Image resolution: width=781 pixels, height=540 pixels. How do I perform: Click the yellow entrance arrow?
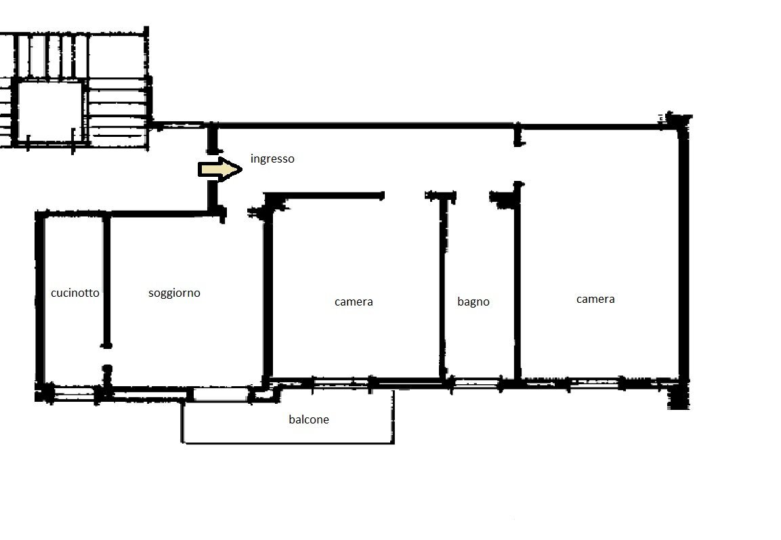click(219, 169)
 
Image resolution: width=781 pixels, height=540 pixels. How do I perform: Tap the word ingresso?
click(272, 159)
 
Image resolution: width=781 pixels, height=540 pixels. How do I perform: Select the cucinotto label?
click(75, 293)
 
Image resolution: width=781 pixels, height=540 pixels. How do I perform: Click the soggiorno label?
click(174, 293)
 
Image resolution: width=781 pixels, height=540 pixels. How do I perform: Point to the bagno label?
click(473, 302)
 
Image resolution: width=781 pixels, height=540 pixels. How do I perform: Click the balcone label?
click(309, 419)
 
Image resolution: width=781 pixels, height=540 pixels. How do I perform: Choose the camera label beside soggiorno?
click(354, 302)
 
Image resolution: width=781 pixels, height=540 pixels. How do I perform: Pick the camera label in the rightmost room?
click(595, 299)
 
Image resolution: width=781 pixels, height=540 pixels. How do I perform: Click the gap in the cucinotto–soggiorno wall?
click(106, 356)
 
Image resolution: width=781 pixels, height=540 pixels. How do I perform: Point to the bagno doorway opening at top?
click(473, 196)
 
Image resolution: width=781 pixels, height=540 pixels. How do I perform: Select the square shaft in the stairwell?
click(49, 111)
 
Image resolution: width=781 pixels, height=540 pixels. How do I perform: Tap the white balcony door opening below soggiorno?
click(220, 394)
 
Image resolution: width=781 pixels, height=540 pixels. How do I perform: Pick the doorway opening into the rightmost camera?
click(518, 164)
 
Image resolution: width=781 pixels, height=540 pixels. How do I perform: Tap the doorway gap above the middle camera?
click(404, 196)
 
